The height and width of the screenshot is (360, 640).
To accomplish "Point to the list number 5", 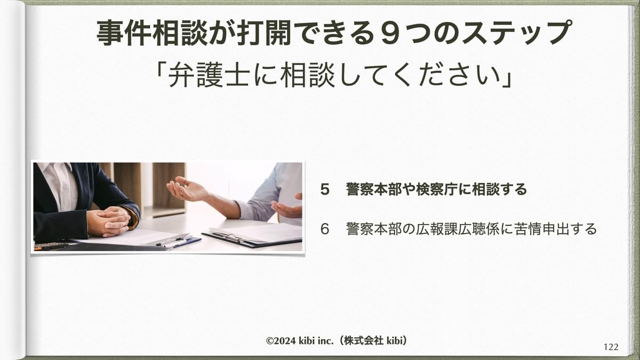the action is click(325, 189).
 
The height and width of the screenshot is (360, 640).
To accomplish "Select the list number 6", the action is click(325, 229).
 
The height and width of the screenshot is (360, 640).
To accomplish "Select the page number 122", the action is click(611, 347).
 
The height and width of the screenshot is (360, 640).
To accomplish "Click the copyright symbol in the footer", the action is click(270, 341).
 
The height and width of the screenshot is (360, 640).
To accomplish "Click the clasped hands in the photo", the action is click(109, 221).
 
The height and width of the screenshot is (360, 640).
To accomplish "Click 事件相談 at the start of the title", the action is click(151, 33).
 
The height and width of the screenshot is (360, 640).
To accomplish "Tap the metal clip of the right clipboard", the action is click(229, 236).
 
